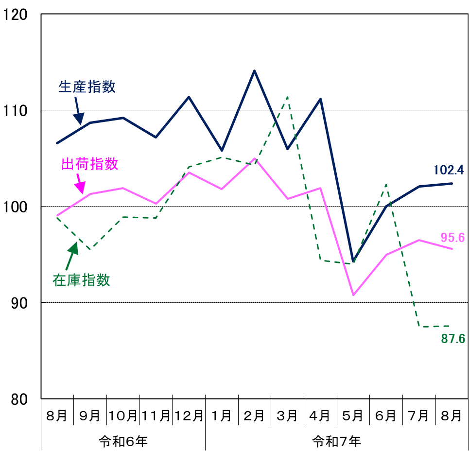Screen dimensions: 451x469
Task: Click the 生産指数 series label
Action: click(x=87, y=87)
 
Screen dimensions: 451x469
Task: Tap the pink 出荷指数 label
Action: click(x=90, y=164)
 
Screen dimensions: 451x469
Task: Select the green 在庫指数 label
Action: click(x=82, y=280)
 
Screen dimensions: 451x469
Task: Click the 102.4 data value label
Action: click(x=449, y=170)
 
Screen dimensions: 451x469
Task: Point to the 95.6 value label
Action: click(x=452, y=238)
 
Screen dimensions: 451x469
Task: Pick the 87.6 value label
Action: click(x=453, y=339)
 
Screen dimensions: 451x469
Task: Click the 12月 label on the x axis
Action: click(x=189, y=416)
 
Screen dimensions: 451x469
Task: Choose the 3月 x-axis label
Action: click(x=287, y=416)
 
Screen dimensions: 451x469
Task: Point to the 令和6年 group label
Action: click(x=123, y=442)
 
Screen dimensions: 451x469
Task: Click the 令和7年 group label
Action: click(x=336, y=442)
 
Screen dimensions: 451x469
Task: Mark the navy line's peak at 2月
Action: click(x=254, y=71)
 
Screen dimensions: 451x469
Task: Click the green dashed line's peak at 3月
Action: click(x=287, y=97)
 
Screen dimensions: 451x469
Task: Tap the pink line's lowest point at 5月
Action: click(x=353, y=295)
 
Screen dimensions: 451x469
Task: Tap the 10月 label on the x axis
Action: click(x=123, y=416)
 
